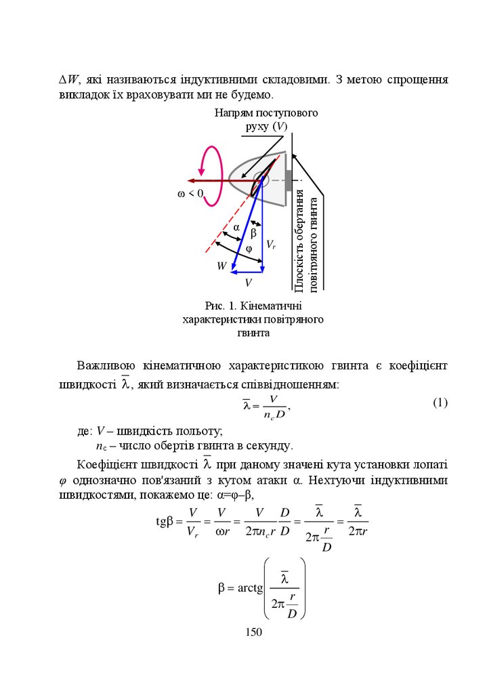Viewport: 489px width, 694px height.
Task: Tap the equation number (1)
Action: pyautogui.click(x=440, y=403)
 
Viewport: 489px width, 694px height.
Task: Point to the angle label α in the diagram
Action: pyautogui.click(x=237, y=228)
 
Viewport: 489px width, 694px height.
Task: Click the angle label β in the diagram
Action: pyautogui.click(x=254, y=233)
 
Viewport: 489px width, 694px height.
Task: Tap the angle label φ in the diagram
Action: pyautogui.click(x=248, y=249)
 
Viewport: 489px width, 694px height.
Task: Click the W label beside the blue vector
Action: pyautogui.click(x=221, y=266)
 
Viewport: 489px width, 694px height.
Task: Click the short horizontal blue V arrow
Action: pyautogui.click(x=247, y=272)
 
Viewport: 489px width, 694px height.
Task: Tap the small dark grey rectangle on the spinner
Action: pyautogui.click(x=289, y=181)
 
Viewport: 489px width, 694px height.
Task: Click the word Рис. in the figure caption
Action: pyautogui.click(x=204, y=306)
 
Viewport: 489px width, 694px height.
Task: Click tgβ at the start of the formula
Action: pyautogui.click(x=165, y=521)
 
